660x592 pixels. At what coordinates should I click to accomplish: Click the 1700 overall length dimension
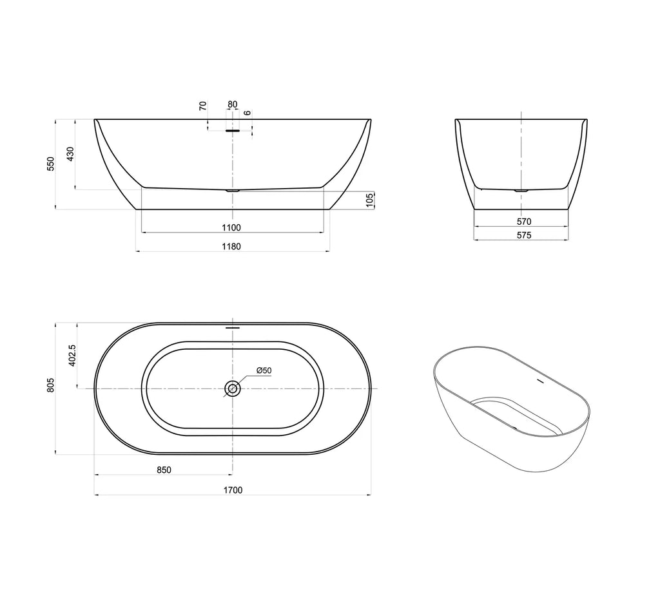(233, 490)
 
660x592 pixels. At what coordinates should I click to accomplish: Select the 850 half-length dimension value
(164, 470)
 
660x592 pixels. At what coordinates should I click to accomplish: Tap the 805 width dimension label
(50, 385)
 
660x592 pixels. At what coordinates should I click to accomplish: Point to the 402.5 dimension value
(72, 356)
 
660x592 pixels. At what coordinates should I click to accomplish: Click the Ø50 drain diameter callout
(264, 370)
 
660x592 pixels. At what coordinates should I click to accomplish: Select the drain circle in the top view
(232, 388)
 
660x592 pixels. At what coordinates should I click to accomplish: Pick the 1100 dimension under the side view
(231, 227)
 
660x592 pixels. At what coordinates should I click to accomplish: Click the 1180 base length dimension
(231, 247)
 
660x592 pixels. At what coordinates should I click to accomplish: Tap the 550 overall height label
(50, 164)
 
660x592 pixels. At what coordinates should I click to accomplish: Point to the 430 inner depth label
(70, 154)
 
